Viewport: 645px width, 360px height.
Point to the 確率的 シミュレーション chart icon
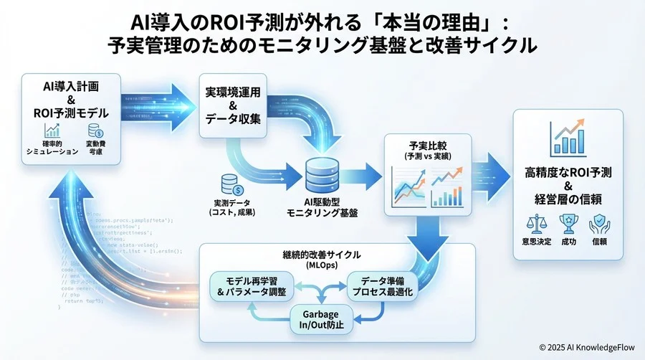[52, 131]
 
